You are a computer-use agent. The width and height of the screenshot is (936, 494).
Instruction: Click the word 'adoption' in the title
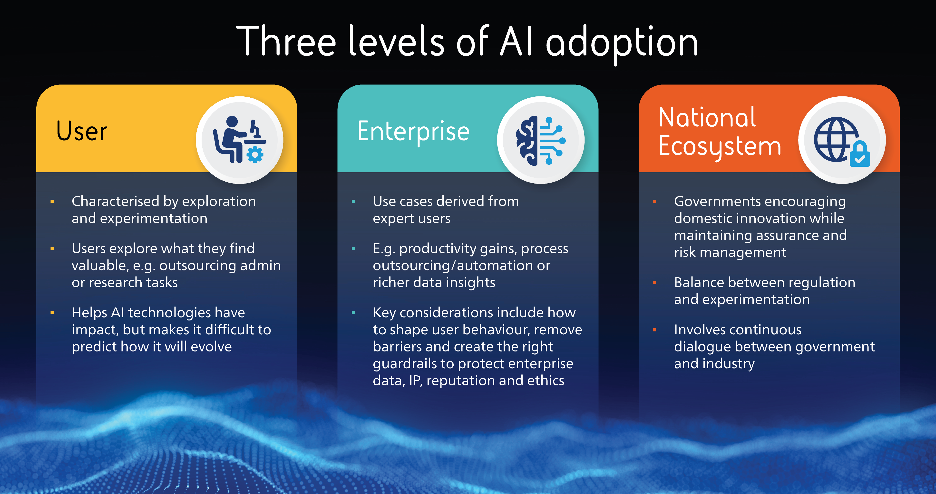coord(622,43)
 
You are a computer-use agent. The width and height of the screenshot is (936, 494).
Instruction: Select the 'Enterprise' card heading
coord(413,132)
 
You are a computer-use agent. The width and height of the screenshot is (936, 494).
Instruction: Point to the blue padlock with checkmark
coord(860,154)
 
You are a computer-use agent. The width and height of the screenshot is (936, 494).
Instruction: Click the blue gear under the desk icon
coord(255,154)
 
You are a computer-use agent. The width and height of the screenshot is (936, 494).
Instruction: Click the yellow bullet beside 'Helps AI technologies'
coord(52,312)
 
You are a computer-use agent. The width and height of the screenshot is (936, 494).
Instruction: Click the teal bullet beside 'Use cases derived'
coord(353,201)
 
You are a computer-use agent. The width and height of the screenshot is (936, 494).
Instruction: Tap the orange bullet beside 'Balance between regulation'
coord(654,283)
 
